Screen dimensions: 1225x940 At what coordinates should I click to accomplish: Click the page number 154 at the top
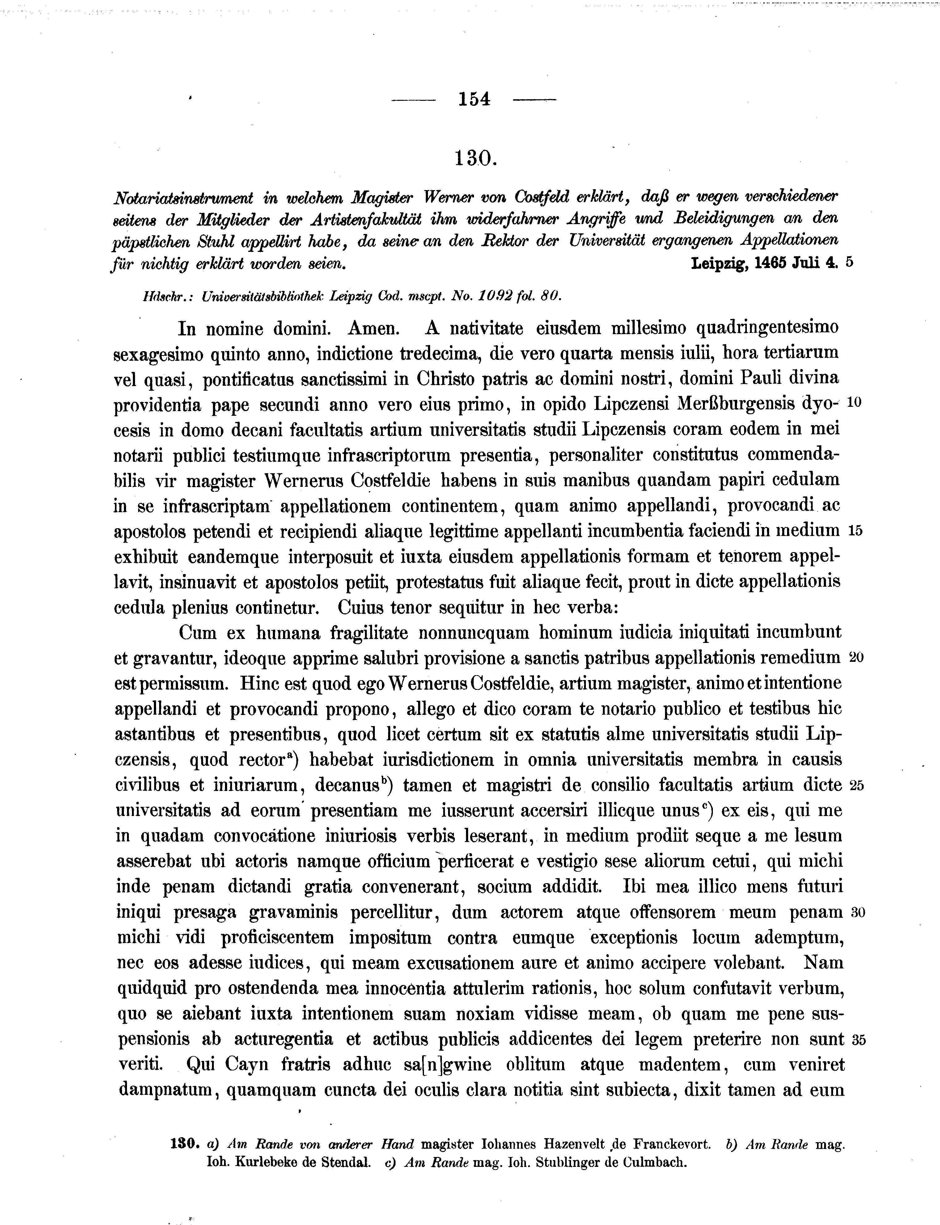[x=474, y=99]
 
